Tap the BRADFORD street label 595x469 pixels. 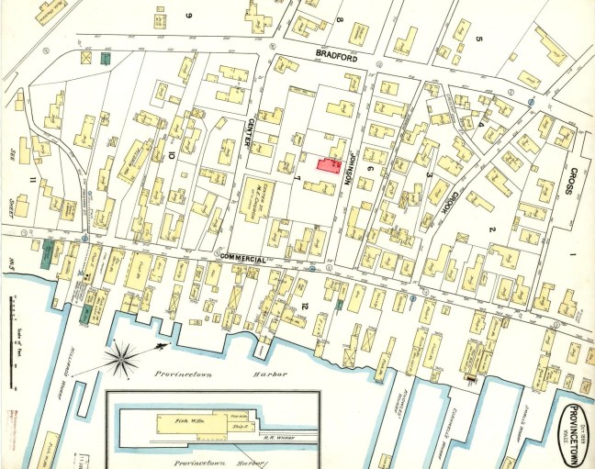click(x=335, y=55)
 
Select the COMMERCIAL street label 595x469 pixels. click(x=243, y=259)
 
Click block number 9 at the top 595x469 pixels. click(x=191, y=16)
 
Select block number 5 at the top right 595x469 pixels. click(x=478, y=38)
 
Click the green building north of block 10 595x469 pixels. click(x=106, y=59)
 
